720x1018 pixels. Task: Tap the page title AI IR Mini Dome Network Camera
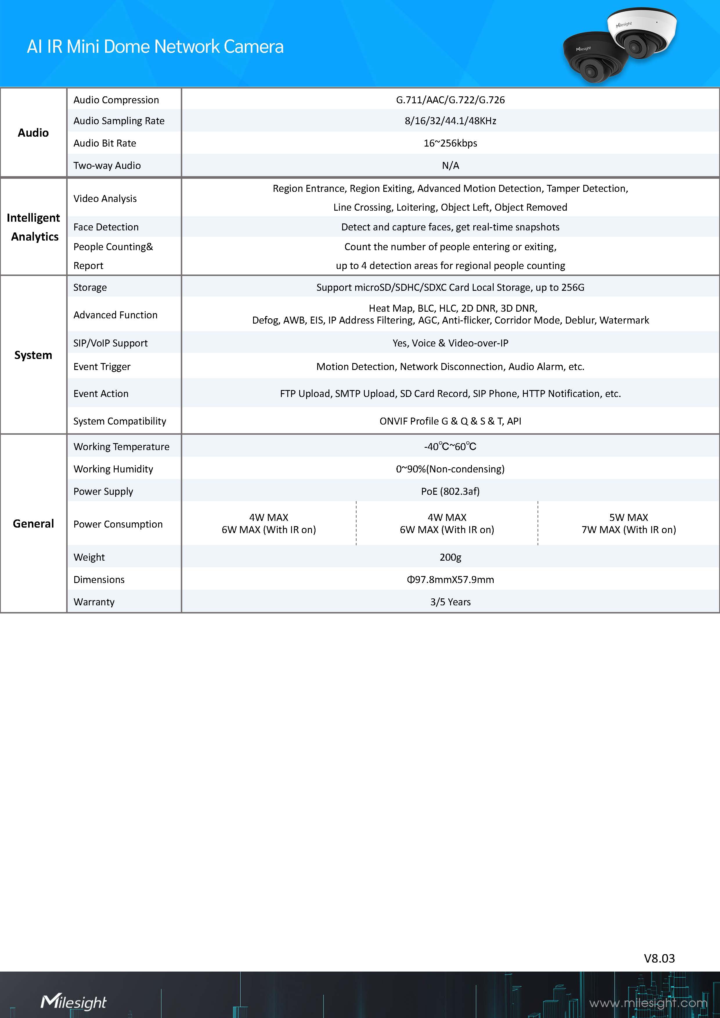tap(155, 46)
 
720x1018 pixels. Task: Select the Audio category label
tap(33, 133)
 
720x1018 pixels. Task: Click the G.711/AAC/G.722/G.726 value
tap(450, 100)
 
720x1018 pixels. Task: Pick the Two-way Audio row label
tap(107, 165)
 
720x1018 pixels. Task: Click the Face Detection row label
tap(106, 227)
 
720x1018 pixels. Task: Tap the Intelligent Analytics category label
tap(34, 227)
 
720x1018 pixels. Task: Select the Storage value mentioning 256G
tap(450, 287)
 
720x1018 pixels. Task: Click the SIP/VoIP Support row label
tap(110, 343)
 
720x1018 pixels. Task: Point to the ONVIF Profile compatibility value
tap(450, 421)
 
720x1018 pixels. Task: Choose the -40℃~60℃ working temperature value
tap(450, 447)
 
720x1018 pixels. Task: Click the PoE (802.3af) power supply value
tap(450, 491)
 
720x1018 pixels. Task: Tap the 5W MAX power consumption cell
tap(628, 524)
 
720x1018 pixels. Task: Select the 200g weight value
tap(450, 557)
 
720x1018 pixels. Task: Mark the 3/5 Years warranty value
tap(450, 602)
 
